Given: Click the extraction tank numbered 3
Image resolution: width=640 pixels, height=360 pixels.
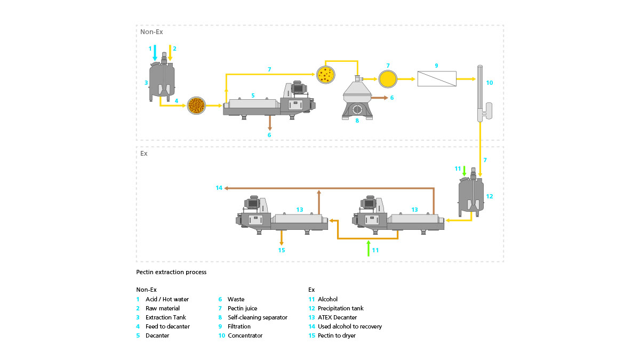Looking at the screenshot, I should pos(163,80).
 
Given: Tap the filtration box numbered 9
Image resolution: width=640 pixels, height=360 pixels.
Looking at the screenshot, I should pos(436,78).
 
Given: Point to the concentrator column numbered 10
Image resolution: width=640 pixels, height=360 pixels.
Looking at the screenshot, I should pos(480,93).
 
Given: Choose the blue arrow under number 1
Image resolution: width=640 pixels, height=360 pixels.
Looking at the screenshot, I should pos(155,53).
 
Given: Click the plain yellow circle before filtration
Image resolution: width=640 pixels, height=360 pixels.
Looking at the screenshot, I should pos(388,78).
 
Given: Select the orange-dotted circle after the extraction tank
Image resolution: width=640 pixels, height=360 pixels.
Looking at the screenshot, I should pos(197,106).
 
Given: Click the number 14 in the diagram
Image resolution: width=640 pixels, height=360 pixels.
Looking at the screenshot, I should pos(219,188).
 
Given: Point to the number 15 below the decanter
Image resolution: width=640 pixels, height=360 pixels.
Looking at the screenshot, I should pos(282,250).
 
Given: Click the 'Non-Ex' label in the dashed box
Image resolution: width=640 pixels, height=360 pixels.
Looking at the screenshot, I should pos(151,31).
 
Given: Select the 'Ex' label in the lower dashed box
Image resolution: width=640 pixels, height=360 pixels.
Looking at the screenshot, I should pos(144,153).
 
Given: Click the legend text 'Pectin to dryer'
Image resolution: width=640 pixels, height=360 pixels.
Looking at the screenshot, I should pos(337,335).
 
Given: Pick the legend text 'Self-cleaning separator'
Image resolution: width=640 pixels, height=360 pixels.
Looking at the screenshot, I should pos(258,317).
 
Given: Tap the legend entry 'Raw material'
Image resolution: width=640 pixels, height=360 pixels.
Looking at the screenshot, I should pos(163,308).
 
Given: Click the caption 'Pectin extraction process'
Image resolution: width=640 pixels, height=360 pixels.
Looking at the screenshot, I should pos(171,272).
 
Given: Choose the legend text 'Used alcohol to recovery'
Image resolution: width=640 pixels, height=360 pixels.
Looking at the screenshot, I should pos(350,326).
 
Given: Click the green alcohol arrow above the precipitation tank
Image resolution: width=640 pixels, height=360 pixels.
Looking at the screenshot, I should pos(465,171).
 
